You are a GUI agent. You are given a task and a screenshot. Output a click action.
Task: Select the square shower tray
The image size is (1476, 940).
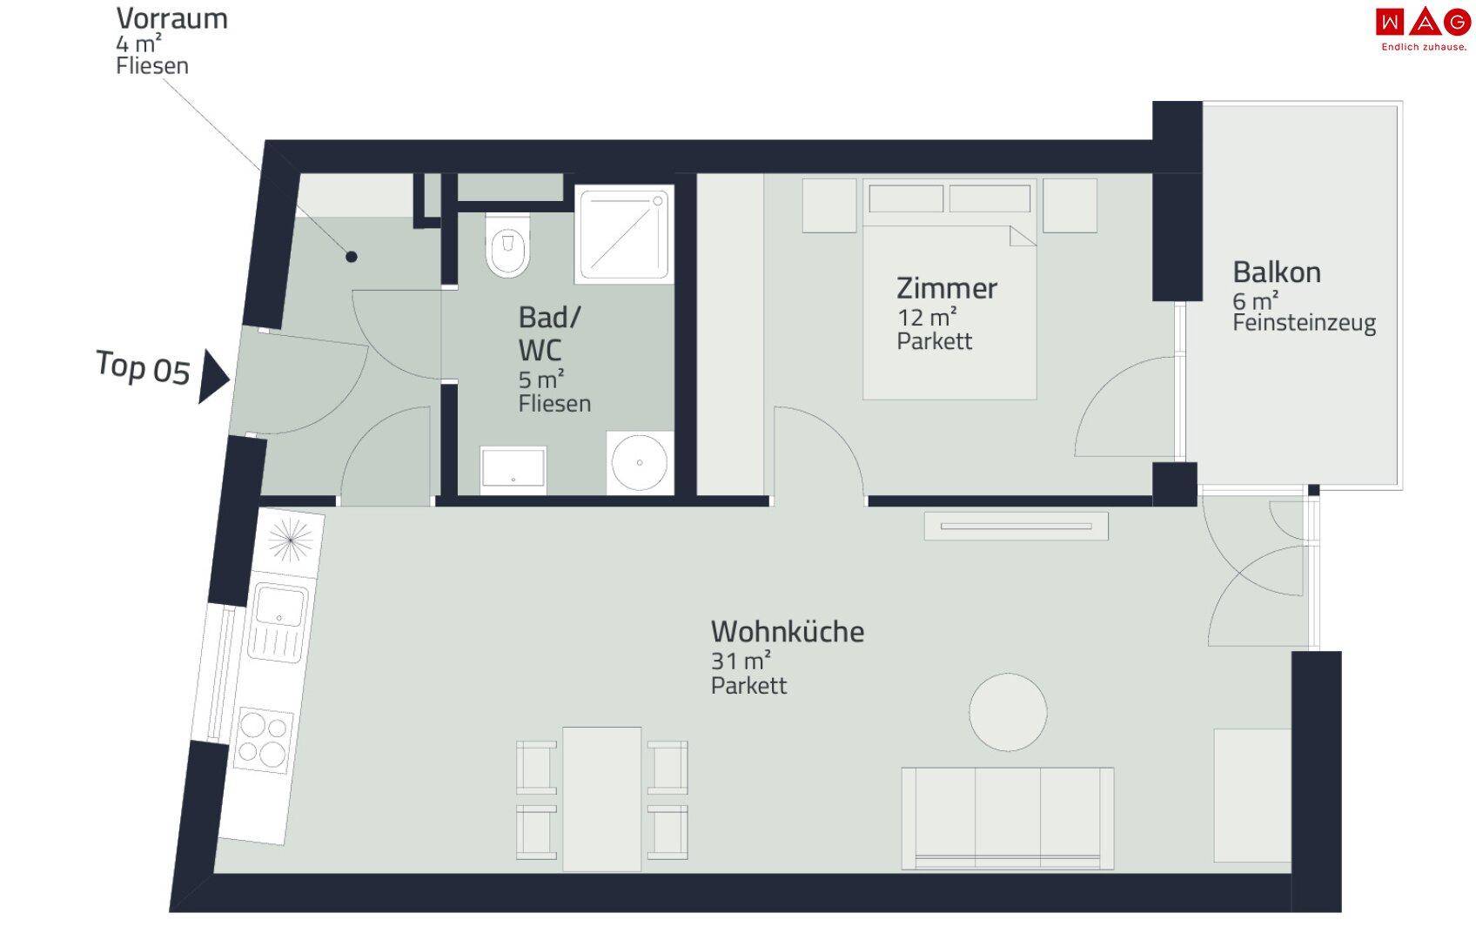click(624, 234)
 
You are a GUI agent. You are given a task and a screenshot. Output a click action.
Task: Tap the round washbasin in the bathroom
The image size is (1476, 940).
click(639, 463)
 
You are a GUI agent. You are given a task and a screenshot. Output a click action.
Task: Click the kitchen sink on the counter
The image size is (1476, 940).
click(278, 621)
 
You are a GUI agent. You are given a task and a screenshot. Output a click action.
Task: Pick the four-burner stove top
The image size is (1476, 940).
click(264, 739)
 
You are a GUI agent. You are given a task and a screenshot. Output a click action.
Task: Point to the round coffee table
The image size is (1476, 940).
click(1008, 712)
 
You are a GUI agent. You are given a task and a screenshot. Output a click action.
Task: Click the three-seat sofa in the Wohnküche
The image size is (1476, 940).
click(1008, 818)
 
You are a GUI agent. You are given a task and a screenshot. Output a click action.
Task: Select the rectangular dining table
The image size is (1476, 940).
click(601, 799)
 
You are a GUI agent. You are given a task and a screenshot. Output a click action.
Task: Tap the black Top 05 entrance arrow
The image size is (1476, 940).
click(213, 376)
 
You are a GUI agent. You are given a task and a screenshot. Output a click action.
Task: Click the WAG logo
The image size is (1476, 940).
click(1423, 29)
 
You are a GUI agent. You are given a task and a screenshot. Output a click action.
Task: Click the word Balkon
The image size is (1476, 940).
click(1277, 272)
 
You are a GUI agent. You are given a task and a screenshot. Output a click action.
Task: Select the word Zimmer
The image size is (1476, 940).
click(946, 288)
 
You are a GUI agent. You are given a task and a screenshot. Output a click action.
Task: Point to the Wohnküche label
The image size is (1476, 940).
click(788, 632)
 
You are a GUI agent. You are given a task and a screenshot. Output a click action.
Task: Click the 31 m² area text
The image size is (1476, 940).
click(741, 660)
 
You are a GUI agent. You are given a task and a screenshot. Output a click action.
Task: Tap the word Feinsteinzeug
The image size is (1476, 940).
click(1304, 323)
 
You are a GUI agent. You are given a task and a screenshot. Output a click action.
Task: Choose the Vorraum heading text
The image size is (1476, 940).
click(172, 18)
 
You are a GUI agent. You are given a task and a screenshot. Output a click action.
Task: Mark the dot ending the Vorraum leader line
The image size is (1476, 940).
click(352, 257)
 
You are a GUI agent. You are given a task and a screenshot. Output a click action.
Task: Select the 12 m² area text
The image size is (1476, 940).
click(927, 317)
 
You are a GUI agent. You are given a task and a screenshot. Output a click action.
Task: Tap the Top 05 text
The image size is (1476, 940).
click(143, 367)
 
